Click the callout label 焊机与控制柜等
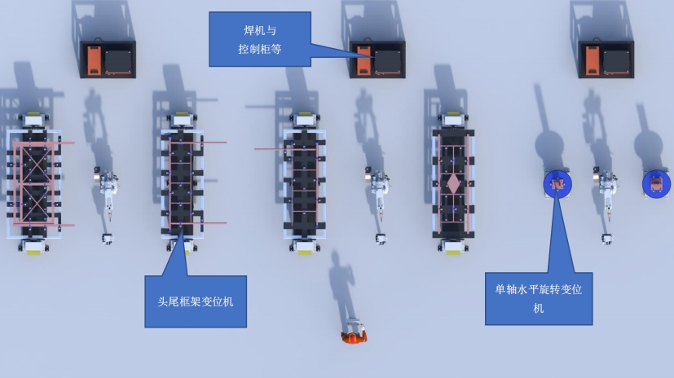click(x=260, y=39)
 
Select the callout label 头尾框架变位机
click(x=196, y=301)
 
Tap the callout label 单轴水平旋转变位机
click(x=539, y=298)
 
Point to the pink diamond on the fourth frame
click(x=453, y=183)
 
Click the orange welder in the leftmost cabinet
click(x=95, y=60)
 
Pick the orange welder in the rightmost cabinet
click(x=593, y=60)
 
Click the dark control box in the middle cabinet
click(x=388, y=62)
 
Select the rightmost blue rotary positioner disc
click(x=656, y=183)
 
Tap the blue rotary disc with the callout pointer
click(x=557, y=184)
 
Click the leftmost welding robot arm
click(x=108, y=189)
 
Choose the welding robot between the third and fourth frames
click(x=378, y=189)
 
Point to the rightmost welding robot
click(x=606, y=189)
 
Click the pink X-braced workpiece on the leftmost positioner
click(x=34, y=184)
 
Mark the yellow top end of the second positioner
click(x=182, y=114)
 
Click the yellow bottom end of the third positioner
click(x=305, y=253)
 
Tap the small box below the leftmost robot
click(x=107, y=239)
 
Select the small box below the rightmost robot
click(x=606, y=239)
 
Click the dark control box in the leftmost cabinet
click(x=118, y=62)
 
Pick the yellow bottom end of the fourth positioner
click(x=453, y=253)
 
